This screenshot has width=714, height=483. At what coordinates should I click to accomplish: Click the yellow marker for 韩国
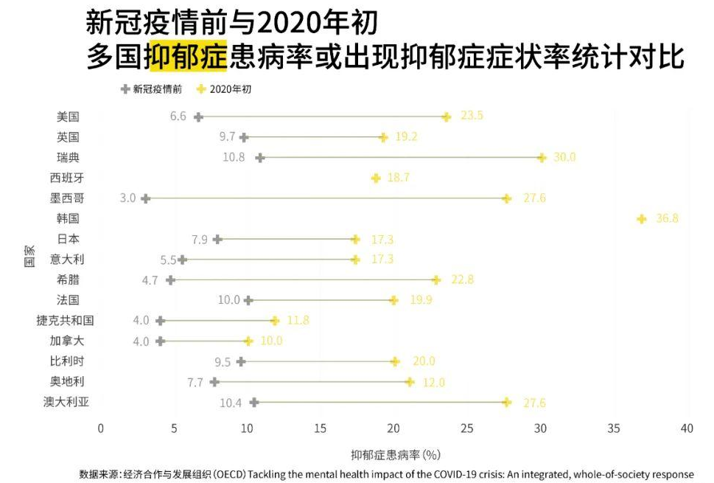coord(642,219)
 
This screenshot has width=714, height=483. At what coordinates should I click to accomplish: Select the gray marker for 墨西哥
coord(145,198)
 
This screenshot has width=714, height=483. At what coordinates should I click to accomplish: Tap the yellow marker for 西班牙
coord(376,178)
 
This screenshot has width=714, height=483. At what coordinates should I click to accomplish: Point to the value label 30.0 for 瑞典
coord(564,157)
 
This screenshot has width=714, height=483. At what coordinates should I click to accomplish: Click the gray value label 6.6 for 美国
coord(178,117)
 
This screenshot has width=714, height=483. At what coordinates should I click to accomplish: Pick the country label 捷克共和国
coord(65,321)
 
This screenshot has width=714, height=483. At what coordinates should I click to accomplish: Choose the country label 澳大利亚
coord(71,402)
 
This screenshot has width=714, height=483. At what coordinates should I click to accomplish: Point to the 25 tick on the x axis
coord(467,428)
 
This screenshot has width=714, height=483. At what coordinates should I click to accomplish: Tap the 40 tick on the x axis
coord(687,428)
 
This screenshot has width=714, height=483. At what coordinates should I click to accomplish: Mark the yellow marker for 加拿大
coord(248,341)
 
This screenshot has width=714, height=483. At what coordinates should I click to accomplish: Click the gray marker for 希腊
coord(170,280)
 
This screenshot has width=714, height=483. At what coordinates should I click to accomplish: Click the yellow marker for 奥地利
coord(410,382)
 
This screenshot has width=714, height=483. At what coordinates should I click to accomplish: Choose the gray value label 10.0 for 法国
coord(229,300)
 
